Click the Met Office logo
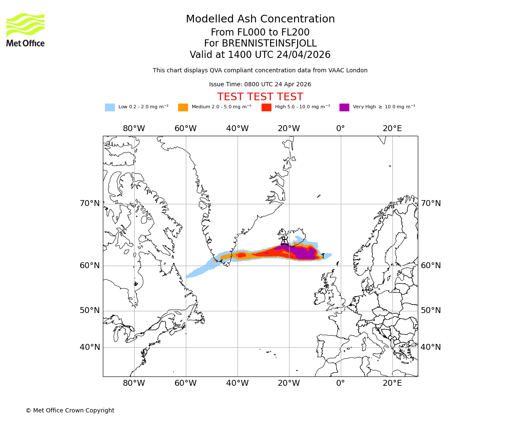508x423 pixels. tap(25, 30)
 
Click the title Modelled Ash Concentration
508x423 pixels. tap(260, 19)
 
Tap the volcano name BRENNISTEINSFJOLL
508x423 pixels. tap(260, 44)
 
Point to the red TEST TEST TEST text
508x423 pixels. tap(260, 97)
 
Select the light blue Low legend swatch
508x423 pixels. tap(110, 107)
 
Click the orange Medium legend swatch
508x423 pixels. tap(183, 107)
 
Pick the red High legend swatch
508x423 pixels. tap(266, 107)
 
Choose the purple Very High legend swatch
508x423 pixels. tap(344, 107)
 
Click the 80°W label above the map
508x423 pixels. tap(134, 129)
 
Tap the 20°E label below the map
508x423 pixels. tap(392, 383)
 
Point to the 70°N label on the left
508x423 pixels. tap(90, 203)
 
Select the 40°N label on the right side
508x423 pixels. tap(431, 347)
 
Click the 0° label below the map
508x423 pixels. tap(341, 383)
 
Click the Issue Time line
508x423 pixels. tap(260, 85)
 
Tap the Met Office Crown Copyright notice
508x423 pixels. tap(70, 410)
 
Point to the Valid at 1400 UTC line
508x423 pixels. tap(260, 55)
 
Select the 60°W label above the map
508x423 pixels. tap(185, 129)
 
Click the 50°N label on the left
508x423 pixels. tap(90, 310)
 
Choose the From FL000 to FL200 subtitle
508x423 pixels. tap(260, 33)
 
